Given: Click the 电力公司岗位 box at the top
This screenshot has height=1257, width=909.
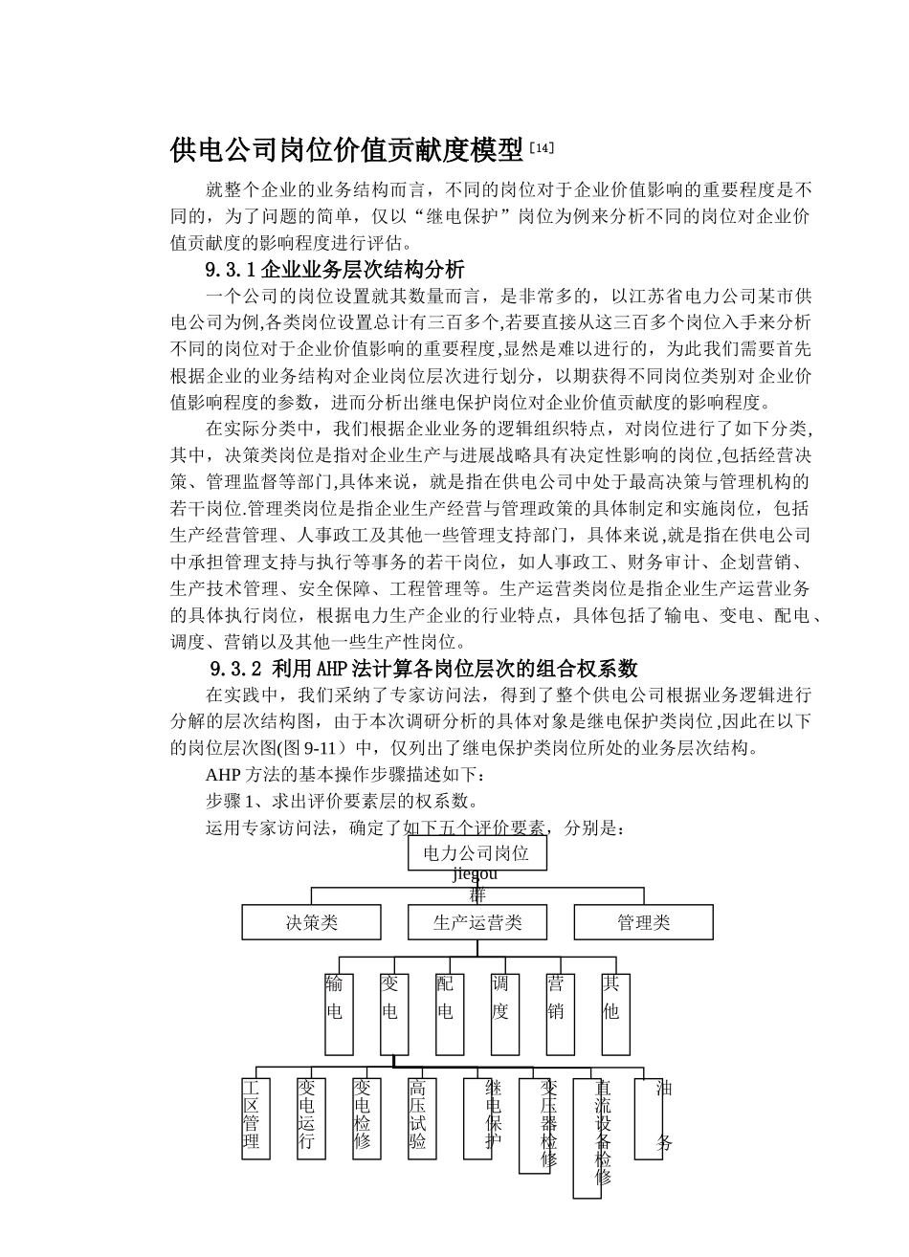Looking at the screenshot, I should tap(477, 853).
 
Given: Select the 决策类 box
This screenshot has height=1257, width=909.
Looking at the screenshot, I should tap(312, 922).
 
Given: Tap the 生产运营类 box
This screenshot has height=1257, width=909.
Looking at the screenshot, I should tap(477, 922).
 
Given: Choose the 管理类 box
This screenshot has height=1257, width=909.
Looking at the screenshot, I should tap(643, 922).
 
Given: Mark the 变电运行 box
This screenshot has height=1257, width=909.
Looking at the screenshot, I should tap(309, 1117).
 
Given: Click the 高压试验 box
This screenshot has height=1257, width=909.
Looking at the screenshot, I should tap(420, 1117).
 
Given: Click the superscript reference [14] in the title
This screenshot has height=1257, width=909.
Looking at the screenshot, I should tap(542, 148).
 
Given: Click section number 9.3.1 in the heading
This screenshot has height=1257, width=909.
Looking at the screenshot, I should tap(232, 270).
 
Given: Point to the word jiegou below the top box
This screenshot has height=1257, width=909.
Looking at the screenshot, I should tap(475, 873).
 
